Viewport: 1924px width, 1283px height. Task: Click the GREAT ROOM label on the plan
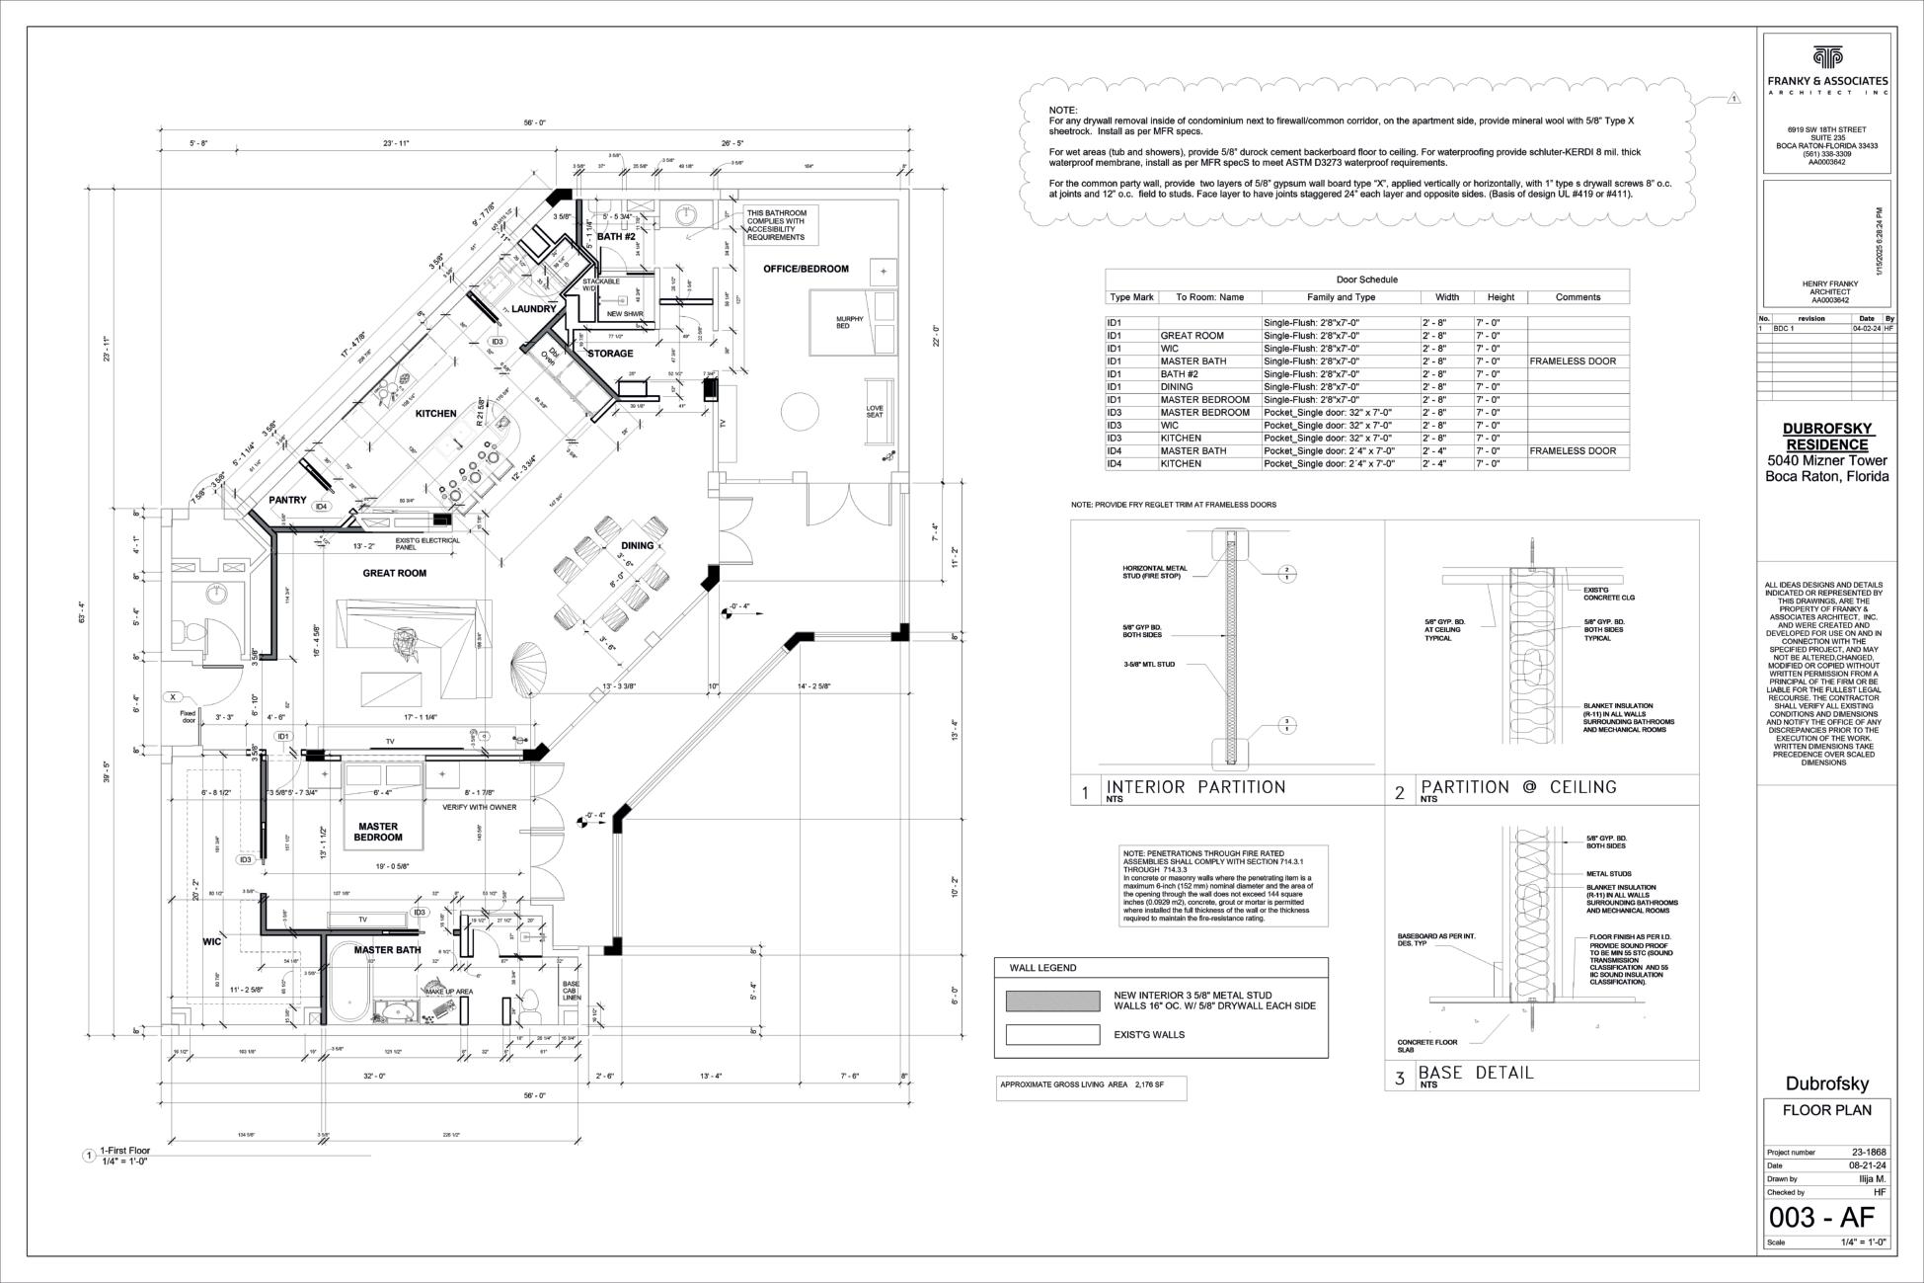[394, 573]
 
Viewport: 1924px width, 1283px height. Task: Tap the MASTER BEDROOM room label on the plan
[378, 832]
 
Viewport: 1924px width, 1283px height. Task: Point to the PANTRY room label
[287, 500]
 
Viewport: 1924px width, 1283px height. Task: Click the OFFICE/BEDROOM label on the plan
[806, 269]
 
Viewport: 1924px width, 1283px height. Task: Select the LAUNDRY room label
[534, 309]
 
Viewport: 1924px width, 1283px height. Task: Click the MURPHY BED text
[849, 322]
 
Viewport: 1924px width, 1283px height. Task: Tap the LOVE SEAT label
[875, 411]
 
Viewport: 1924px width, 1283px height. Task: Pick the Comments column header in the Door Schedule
[1578, 296]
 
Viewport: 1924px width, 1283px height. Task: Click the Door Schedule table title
[1366, 280]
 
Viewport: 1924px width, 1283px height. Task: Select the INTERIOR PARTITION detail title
[1195, 787]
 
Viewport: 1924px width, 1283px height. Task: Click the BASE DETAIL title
[1476, 1073]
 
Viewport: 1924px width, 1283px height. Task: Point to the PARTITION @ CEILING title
[1518, 787]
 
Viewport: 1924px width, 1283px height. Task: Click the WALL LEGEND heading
[1042, 968]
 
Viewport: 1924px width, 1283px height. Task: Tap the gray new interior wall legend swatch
[1052, 1001]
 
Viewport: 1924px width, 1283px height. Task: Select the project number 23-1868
[1868, 1152]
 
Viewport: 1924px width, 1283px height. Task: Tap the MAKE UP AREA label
[449, 991]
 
